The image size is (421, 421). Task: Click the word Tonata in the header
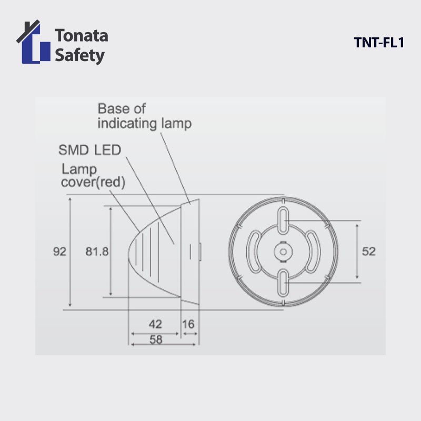81,36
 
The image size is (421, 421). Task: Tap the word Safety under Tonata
79,55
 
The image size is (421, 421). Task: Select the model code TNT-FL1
378,43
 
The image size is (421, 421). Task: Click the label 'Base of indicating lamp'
144,116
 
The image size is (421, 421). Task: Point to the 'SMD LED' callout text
89,150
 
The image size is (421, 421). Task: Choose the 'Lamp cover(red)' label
93,176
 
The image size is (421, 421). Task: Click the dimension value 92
59,252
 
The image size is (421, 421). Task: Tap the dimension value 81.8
97,252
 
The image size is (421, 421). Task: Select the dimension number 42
155,324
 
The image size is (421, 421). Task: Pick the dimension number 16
188,324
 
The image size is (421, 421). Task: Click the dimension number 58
156,339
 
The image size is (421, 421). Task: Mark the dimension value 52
369,252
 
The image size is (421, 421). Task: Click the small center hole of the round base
283,252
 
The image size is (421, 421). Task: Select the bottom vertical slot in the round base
283,282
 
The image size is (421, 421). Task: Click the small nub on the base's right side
200,252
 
